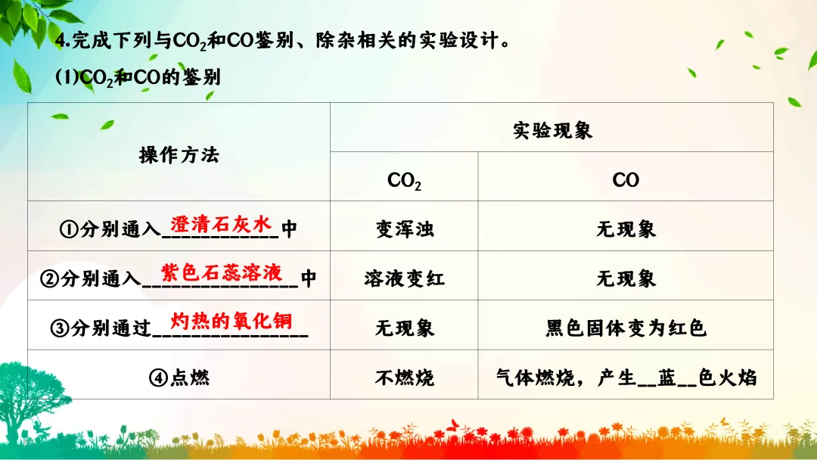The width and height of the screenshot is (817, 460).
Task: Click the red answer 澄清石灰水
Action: point(220,224)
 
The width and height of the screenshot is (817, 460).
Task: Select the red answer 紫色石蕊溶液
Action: point(222,272)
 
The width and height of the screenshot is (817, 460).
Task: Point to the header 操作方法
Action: point(179,155)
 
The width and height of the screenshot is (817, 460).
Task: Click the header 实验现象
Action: point(552,130)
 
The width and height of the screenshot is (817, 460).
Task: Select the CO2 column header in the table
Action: point(404,180)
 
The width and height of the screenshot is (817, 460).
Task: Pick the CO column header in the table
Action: point(626,180)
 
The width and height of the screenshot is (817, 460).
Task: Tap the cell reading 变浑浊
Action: point(405,228)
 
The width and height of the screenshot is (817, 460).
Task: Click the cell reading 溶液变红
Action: point(405,278)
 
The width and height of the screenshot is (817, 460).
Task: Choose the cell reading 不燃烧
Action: point(405,378)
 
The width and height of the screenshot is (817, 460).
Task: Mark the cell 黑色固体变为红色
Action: point(626,328)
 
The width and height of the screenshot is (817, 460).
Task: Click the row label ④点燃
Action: point(179,378)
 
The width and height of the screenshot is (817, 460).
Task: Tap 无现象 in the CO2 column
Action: point(405,328)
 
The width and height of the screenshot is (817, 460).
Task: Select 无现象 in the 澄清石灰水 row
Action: point(626,228)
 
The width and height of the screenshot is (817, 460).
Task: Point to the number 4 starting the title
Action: point(61,41)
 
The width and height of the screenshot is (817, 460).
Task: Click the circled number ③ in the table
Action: point(60,328)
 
